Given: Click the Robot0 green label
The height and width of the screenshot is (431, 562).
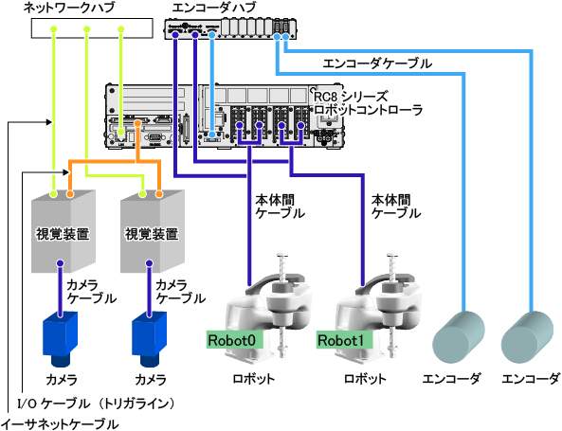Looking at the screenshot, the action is (x=235, y=340).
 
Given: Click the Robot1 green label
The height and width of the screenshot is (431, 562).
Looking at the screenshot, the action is (x=344, y=340).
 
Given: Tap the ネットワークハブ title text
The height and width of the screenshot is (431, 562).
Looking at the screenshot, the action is (x=69, y=8).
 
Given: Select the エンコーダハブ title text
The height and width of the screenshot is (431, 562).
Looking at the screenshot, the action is (x=214, y=8).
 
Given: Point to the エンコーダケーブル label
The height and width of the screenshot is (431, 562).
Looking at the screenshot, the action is (x=377, y=63).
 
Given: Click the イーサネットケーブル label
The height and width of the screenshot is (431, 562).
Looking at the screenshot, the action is (x=60, y=424).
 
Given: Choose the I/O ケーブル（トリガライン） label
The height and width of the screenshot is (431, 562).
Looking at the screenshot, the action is (x=97, y=404).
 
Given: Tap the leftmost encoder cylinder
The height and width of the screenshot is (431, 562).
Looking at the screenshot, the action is (x=459, y=337).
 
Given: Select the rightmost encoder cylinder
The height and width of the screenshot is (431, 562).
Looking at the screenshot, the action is (x=527, y=337).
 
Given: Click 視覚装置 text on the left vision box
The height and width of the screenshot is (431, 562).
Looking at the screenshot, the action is (x=63, y=234).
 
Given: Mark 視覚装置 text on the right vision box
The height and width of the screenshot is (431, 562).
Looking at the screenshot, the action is (x=152, y=234).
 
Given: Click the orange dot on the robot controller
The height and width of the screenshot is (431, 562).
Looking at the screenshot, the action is (x=137, y=123).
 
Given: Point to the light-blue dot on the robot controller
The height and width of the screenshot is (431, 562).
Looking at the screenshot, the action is (x=212, y=135).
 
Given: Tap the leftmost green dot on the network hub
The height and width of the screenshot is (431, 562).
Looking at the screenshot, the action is (x=53, y=29).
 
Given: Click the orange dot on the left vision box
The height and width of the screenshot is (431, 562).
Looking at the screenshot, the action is (x=70, y=194).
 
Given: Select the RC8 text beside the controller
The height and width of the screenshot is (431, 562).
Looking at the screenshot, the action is (x=325, y=97).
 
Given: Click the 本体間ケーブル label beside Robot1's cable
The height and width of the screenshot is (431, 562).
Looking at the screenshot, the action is (x=396, y=207).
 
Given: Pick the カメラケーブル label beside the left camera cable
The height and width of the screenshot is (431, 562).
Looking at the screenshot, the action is (x=91, y=292).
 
